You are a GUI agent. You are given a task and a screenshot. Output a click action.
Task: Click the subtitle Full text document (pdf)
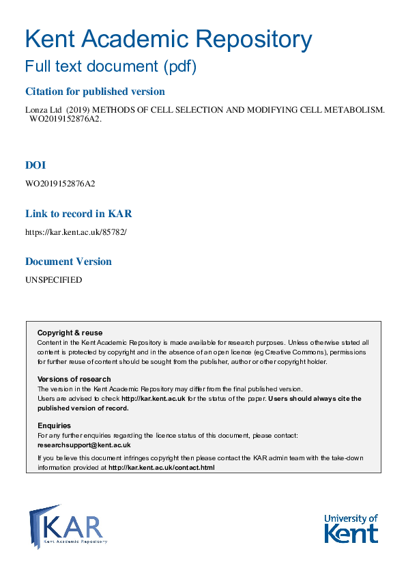tap(110, 67)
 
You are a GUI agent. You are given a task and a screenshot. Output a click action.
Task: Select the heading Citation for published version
tap(95, 92)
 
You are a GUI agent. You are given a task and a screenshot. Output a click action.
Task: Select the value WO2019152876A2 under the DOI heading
tap(60, 183)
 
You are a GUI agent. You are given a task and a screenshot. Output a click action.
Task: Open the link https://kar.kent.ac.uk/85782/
tap(76, 232)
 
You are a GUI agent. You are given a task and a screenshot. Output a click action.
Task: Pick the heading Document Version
tap(68, 262)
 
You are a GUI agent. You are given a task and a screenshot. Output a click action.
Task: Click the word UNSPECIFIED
tap(53, 280)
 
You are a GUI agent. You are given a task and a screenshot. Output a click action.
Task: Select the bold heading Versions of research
tap(74, 379)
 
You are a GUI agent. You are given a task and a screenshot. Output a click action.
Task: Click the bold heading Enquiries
tap(54, 425)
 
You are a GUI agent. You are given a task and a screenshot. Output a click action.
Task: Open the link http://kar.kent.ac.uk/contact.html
tap(161, 468)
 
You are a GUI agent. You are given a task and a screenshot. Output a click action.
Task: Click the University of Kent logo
tap(351, 528)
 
